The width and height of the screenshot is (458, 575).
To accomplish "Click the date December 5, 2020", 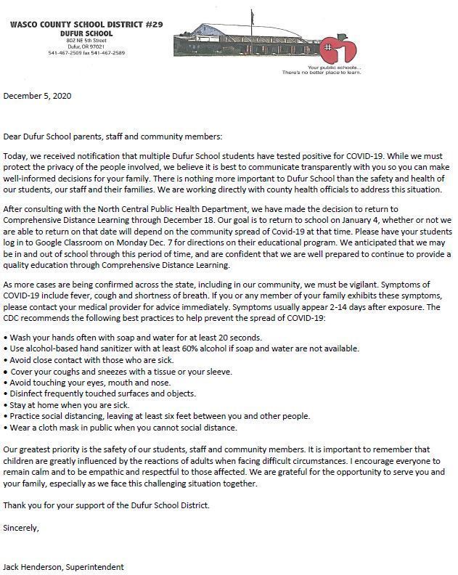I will click(38, 96).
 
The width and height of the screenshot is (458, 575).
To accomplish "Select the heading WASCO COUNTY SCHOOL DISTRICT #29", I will click(86, 25).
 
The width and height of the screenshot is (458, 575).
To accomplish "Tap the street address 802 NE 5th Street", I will click(86, 40).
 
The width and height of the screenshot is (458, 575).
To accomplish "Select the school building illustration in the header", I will click(247, 44).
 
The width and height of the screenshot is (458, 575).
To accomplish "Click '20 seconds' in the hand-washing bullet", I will click(237, 338).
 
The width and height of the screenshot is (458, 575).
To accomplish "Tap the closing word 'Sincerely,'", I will click(21, 528).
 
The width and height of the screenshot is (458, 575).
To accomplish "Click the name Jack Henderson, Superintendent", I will click(69, 566).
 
